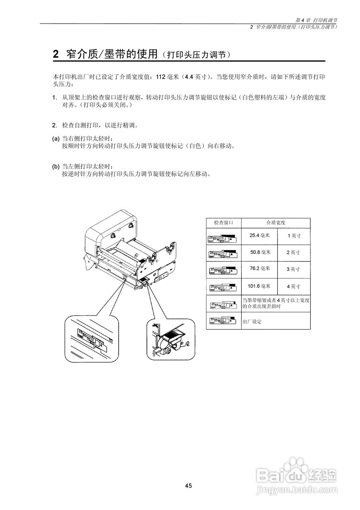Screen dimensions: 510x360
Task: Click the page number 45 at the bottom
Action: point(188,485)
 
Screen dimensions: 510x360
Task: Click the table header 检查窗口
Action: point(223,222)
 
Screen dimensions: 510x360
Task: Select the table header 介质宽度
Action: point(276,222)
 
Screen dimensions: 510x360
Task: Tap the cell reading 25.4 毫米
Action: point(260,235)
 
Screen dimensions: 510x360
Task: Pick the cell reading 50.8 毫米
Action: point(260,252)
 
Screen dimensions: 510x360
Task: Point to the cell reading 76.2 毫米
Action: point(260,269)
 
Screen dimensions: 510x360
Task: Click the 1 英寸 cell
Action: point(294,235)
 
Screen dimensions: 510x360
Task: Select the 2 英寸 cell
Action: point(293,252)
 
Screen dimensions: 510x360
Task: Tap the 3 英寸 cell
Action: point(293,269)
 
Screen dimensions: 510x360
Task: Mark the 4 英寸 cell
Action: point(293,286)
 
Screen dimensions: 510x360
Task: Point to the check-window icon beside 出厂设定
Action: point(223,321)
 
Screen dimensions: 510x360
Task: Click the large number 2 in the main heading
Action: point(56,55)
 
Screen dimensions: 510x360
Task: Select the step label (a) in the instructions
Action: point(56,139)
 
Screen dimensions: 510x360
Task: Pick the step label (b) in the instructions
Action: point(56,166)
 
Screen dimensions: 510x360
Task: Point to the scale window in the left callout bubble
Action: point(91,339)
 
